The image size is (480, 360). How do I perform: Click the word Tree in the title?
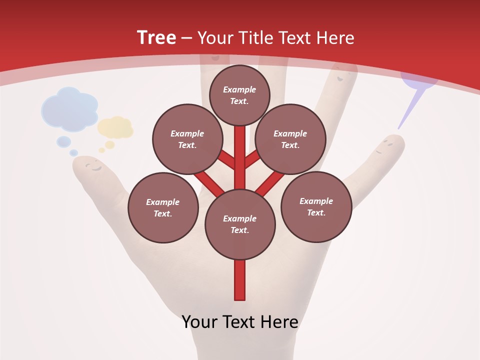[156, 37]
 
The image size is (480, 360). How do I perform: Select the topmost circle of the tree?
[239, 95]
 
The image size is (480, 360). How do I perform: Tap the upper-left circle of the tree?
[187, 139]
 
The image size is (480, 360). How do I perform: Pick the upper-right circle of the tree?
[290, 139]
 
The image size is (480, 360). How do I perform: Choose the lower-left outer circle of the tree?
[163, 207]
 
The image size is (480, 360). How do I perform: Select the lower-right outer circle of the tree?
[316, 206]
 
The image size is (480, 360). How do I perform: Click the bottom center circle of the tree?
[240, 224]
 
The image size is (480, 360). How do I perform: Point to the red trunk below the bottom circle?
[240, 280]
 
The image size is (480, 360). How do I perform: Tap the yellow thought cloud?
[116, 128]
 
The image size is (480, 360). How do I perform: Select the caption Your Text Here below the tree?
[240, 322]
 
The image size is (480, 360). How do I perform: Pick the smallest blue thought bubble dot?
[73, 152]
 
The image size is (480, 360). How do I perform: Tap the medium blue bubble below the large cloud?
[63, 141]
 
